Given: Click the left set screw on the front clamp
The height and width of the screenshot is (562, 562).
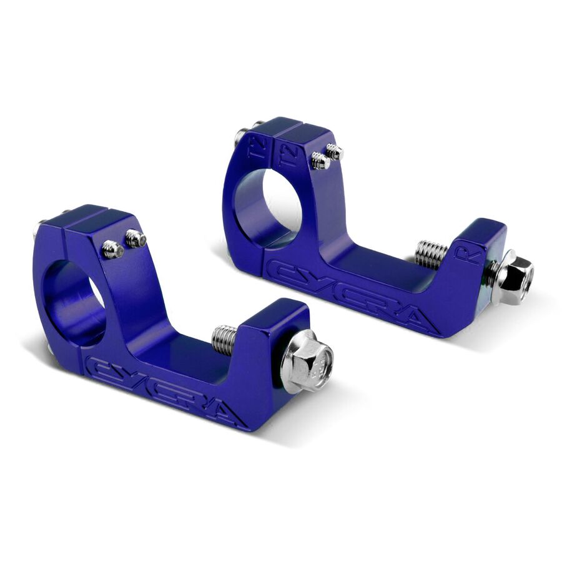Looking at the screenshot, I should click(112, 249).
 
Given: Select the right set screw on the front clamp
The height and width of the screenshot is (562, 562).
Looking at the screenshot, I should click(136, 239).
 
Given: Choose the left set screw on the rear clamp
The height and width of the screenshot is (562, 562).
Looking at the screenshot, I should click(320, 160).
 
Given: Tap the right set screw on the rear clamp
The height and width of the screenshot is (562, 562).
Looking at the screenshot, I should click(335, 151).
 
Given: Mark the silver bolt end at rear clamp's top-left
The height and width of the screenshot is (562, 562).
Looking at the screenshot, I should click(240, 135).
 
